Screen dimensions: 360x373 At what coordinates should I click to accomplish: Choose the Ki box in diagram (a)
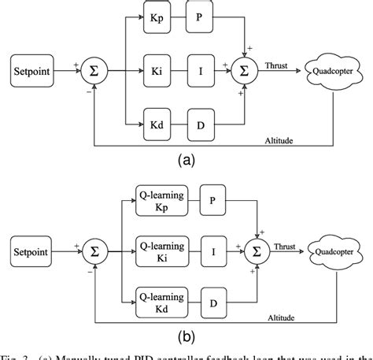coord(156,70)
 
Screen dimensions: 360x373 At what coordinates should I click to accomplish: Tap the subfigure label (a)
coord(186,161)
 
